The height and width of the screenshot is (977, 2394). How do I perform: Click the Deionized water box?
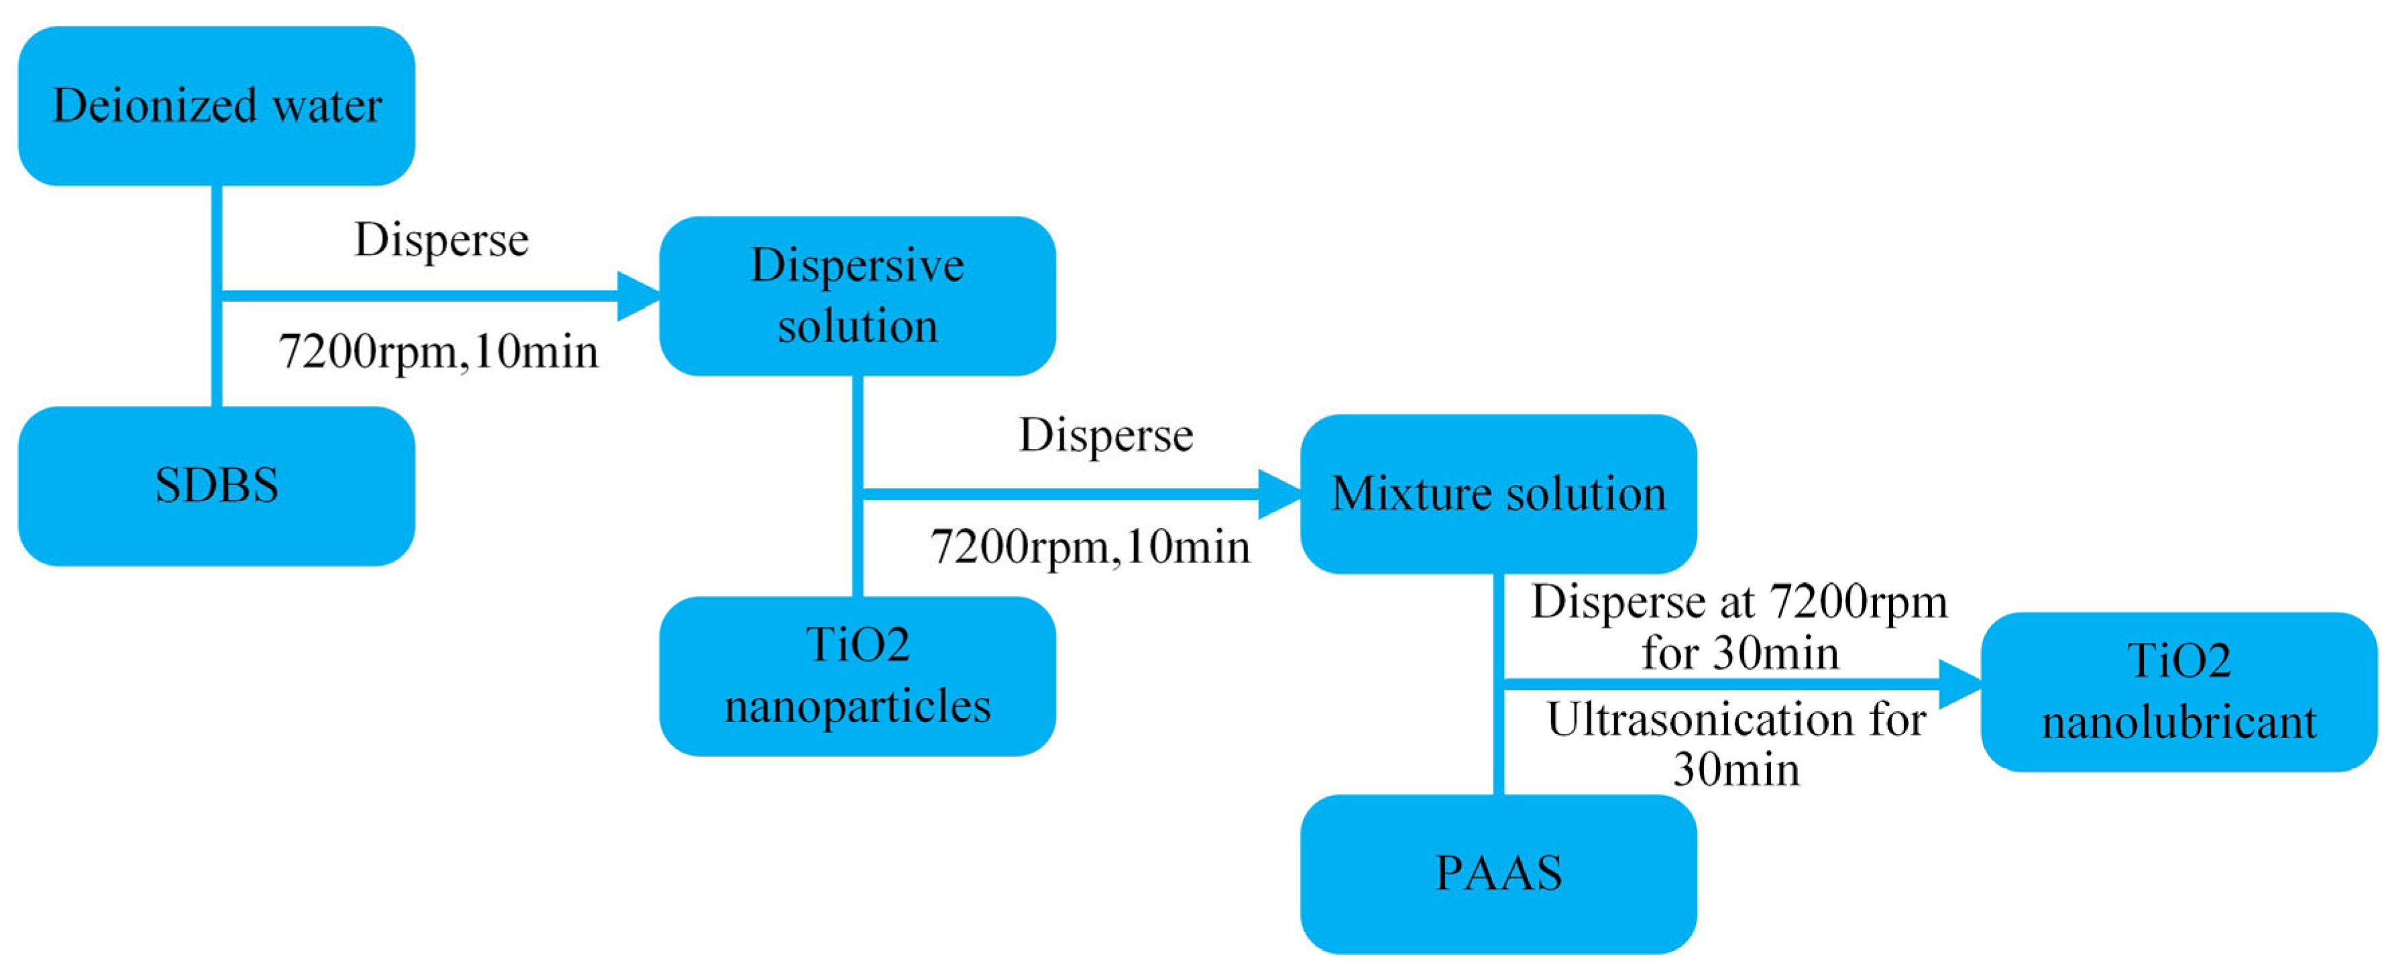(x=216, y=105)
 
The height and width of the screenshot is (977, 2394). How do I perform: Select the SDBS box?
(x=216, y=485)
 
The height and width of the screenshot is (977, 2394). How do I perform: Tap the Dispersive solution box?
(x=857, y=296)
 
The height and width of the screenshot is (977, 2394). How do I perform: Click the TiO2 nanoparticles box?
(x=857, y=676)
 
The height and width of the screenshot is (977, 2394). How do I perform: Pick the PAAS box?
(x=1498, y=874)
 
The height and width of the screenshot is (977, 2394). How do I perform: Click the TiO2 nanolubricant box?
(x=2178, y=692)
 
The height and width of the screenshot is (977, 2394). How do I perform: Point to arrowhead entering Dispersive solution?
(x=639, y=296)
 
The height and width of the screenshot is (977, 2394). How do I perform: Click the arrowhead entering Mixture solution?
(x=1279, y=494)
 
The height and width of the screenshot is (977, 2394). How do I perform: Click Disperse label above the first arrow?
(x=441, y=240)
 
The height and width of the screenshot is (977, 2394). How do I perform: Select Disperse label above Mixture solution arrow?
(x=1106, y=435)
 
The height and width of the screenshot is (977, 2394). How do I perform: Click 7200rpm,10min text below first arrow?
(x=439, y=352)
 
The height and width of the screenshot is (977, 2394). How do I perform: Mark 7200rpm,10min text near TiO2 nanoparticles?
(x=1090, y=547)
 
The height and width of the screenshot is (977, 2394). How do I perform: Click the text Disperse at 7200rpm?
(x=1739, y=601)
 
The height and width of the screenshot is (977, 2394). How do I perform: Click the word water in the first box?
(x=327, y=105)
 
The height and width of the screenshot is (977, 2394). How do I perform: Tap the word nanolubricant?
(x=2178, y=722)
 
